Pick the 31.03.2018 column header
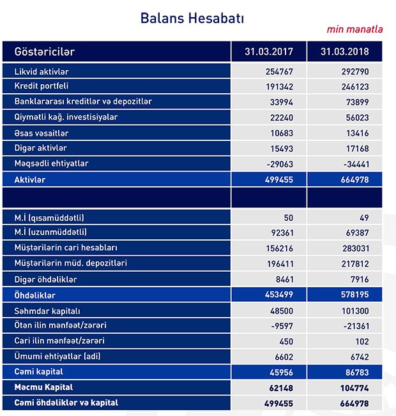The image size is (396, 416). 345,52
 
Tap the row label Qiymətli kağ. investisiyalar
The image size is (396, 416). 66,117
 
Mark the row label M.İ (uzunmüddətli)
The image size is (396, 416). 50,232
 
